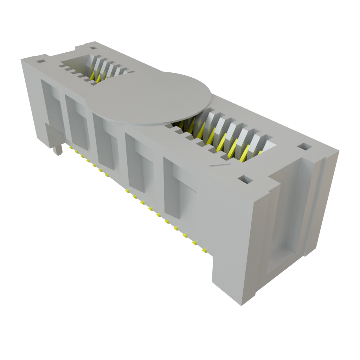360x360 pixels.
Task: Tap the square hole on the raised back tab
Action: click(93, 49)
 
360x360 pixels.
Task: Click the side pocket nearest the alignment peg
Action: click(49, 102)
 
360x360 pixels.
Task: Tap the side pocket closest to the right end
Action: click(178, 190)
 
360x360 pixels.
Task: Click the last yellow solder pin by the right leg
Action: click(204, 250)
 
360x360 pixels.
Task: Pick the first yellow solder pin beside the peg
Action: click(71, 147)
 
